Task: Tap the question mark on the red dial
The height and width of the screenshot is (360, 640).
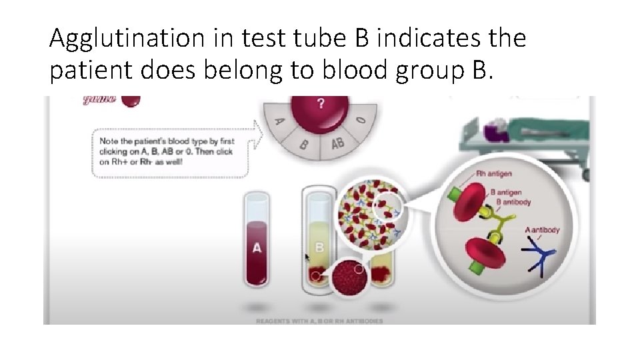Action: pyautogui.click(x=321, y=104)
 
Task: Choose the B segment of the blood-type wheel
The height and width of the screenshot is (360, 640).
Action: pyautogui.click(x=304, y=142)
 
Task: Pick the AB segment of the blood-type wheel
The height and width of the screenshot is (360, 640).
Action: pyautogui.click(x=337, y=143)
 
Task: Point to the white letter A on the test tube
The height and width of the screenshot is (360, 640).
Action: pyautogui.click(x=257, y=248)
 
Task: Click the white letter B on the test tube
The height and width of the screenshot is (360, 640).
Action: pyautogui.click(x=319, y=247)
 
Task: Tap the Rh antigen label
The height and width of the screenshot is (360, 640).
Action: pyautogui.click(x=494, y=175)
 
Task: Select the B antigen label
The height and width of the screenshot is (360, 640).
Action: pyautogui.click(x=506, y=192)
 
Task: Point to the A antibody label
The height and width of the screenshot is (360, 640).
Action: pyautogui.click(x=542, y=231)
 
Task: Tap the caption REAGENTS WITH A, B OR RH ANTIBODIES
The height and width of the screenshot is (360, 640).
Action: pyautogui.click(x=320, y=321)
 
